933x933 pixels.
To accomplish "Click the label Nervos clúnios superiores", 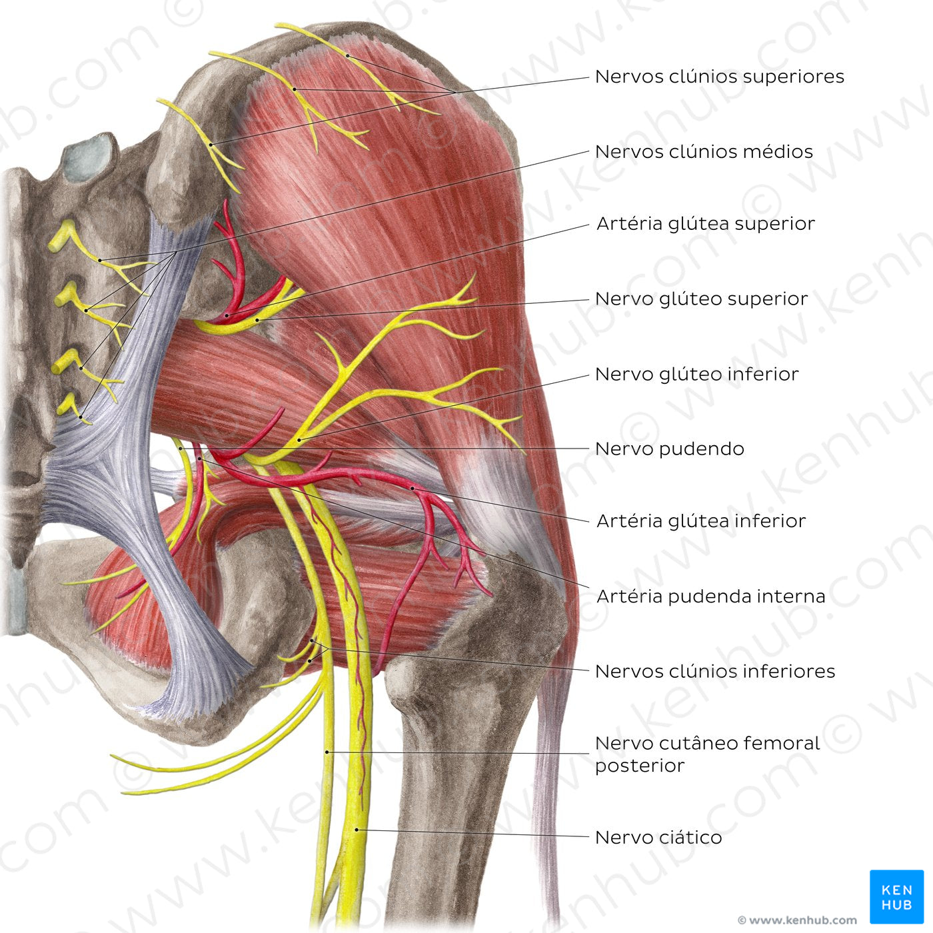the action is (720, 77).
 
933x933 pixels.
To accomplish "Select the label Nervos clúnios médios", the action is (704, 151).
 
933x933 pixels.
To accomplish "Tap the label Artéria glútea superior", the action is (706, 224).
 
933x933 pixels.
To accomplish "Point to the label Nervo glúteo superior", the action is (701, 299).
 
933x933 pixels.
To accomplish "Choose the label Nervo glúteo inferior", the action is (696, 374).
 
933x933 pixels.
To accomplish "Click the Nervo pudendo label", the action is (670, 449).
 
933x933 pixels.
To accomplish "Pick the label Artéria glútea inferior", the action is (701, 521).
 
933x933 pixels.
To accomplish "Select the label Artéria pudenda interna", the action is (711, 596).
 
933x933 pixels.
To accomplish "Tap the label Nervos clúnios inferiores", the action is (715, 671).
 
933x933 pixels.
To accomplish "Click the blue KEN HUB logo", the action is (897, 897).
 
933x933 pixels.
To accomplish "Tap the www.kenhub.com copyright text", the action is (797, 920).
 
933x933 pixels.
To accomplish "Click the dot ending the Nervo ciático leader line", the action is (357, 830).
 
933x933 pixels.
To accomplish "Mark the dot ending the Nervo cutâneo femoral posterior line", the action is (327, 752).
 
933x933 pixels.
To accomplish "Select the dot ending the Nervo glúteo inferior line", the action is (300, 440).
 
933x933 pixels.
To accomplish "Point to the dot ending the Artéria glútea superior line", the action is (226, 316).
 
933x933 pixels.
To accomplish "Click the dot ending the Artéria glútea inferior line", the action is (413, 488).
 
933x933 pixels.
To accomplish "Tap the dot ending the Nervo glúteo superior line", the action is (257, 320).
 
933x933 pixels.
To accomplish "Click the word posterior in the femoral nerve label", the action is (640, 766).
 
